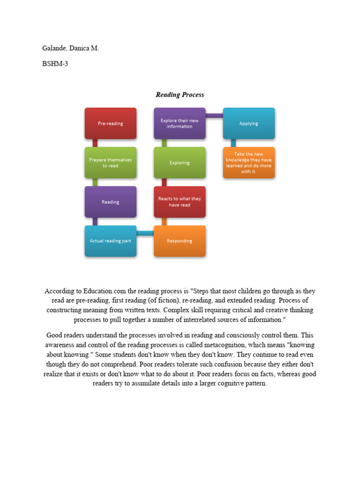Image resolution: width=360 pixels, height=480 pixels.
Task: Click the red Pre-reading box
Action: [x=111, y=123]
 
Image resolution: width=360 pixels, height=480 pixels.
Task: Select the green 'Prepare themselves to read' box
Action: [x=111, y=163]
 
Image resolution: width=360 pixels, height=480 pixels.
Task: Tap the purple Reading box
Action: [x=111, y=202]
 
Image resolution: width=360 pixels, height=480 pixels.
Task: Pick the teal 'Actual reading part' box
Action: [x=111, y=241]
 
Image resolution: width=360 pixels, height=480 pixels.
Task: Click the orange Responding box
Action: [x=180, y=241]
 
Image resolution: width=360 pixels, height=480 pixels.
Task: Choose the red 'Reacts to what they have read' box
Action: [x=180, y=202]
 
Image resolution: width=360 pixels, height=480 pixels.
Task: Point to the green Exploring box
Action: [x=180, y=163]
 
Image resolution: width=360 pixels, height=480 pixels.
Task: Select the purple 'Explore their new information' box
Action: [x=180, y=123]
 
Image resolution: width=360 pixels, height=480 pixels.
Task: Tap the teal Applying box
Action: [x=249, y=123]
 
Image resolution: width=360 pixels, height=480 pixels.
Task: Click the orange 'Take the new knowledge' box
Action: [x=249, y=163]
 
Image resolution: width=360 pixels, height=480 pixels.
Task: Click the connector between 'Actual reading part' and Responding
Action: [x=145, y=233]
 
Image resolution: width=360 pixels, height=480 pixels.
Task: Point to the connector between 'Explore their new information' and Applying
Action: [x=214, y=115]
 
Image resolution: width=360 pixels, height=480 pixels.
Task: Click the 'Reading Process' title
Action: [x=180, y=95]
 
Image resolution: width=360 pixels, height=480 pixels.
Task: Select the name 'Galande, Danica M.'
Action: [x=70, y=48]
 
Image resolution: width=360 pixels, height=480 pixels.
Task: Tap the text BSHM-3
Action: [x=55, y=64]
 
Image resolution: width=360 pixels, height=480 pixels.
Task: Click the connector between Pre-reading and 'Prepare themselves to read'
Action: [x=95, y=143]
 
